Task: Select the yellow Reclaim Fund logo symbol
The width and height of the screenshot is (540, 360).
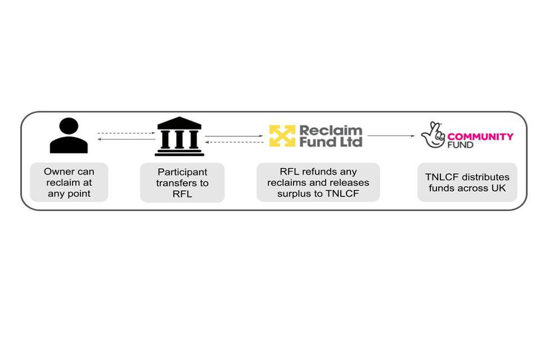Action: [x=282, y=136]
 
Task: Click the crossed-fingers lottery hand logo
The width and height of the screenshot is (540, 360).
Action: [x=433, y=135]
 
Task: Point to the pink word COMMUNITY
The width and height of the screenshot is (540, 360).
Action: [x=480, y=136]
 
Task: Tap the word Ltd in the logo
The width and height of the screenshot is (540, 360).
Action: [x=349, y=142]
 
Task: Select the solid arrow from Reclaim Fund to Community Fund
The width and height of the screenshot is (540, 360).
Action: [x=390, y=136]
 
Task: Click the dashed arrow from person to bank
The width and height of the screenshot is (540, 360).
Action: [x=125, y=133]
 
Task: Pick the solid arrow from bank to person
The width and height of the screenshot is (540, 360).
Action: [x=125, y=139]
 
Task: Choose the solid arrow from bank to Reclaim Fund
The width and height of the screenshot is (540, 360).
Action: [x=234, y=136]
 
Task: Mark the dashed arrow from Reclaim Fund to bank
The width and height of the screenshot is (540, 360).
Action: [x=234, y=142]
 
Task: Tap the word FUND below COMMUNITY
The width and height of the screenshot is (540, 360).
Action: [x=460, y=145]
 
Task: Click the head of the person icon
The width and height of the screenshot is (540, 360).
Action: [x=69, y=125]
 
